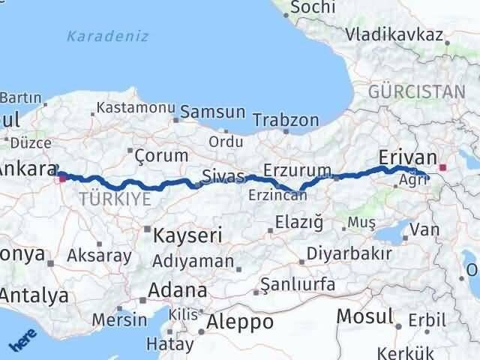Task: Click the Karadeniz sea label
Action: coord(107,36)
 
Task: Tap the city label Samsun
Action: coord(218,112)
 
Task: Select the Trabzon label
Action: coord(286,120)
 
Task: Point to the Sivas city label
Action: coord(223,177)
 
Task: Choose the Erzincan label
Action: coord(278,195)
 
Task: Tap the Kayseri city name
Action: coord(187,235)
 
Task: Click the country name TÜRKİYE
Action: coord(114,198)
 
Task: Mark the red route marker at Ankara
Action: coord(61,177)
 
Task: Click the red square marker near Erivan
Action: coord(442,168)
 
